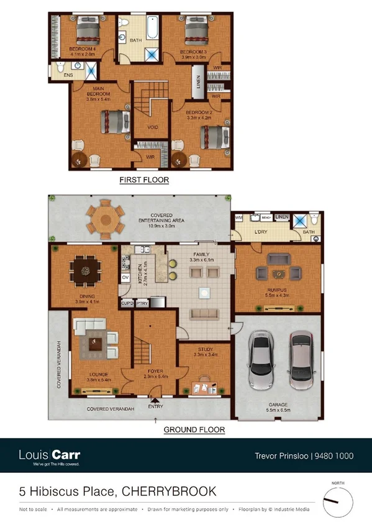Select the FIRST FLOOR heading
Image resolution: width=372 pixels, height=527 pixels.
(x=144, y=180)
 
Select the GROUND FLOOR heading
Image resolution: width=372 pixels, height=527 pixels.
(x=194, y=429)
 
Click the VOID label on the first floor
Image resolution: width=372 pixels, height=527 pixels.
(x=152, y=127)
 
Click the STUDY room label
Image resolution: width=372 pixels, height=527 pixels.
(x=206, y=349)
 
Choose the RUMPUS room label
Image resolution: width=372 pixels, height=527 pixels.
(x=277, y=290)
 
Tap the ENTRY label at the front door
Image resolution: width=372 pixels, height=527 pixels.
(x=155, y=406)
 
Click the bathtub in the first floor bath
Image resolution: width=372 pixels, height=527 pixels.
(x=152, y=29)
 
